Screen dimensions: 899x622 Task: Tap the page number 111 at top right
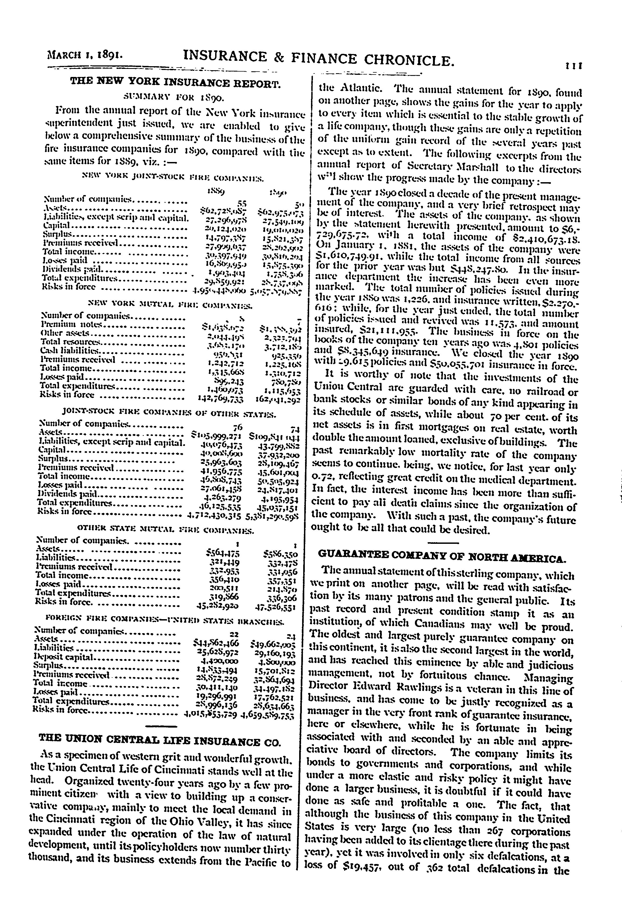coord(574,66)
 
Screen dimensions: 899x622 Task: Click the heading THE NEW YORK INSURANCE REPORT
coord(175,83)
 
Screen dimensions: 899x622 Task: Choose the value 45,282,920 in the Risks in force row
coord(218,605)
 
